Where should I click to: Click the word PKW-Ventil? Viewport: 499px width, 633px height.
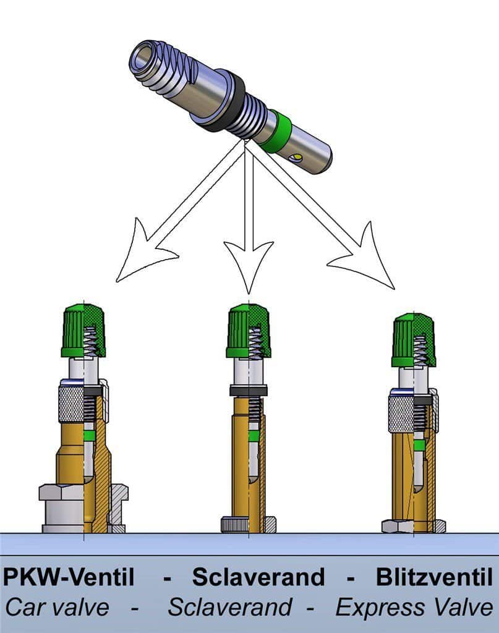(x=68, y=577)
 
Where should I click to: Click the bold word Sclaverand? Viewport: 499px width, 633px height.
(x=258, y=577)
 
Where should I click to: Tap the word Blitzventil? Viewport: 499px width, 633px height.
(x=435, y=577)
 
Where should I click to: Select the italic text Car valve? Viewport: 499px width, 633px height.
(x=57, y=607)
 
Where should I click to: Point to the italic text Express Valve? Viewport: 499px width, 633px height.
(x=414, y=607)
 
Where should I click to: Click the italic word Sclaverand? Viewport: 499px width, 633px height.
(x=230, y=607)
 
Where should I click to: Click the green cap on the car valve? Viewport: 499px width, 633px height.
(x=83, y=331)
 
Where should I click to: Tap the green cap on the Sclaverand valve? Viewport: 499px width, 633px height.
(x=248, y=331)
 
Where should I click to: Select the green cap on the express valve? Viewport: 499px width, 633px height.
(x=414, y=340)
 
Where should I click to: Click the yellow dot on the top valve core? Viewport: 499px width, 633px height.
(x=298, y=156)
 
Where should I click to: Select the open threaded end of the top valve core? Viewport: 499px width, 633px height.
(x=143, y=59)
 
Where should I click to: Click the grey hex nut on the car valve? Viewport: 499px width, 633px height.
(x=83, y=508)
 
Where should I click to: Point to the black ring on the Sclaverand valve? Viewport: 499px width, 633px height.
(x=249, y=391)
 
